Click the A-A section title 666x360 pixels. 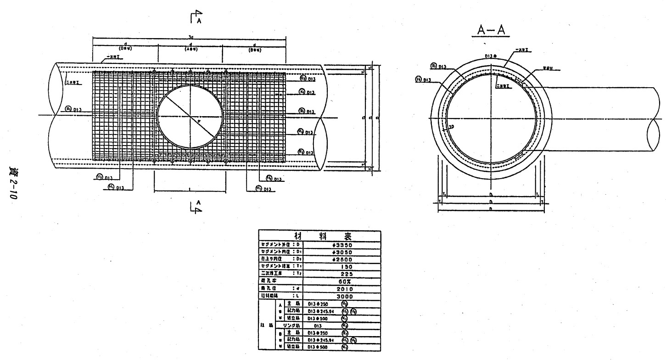coord(490,31)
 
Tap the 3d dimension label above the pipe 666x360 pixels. coord(189,38)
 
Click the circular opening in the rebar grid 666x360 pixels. coord(190,116)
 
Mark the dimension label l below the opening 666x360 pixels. coord(190,188)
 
